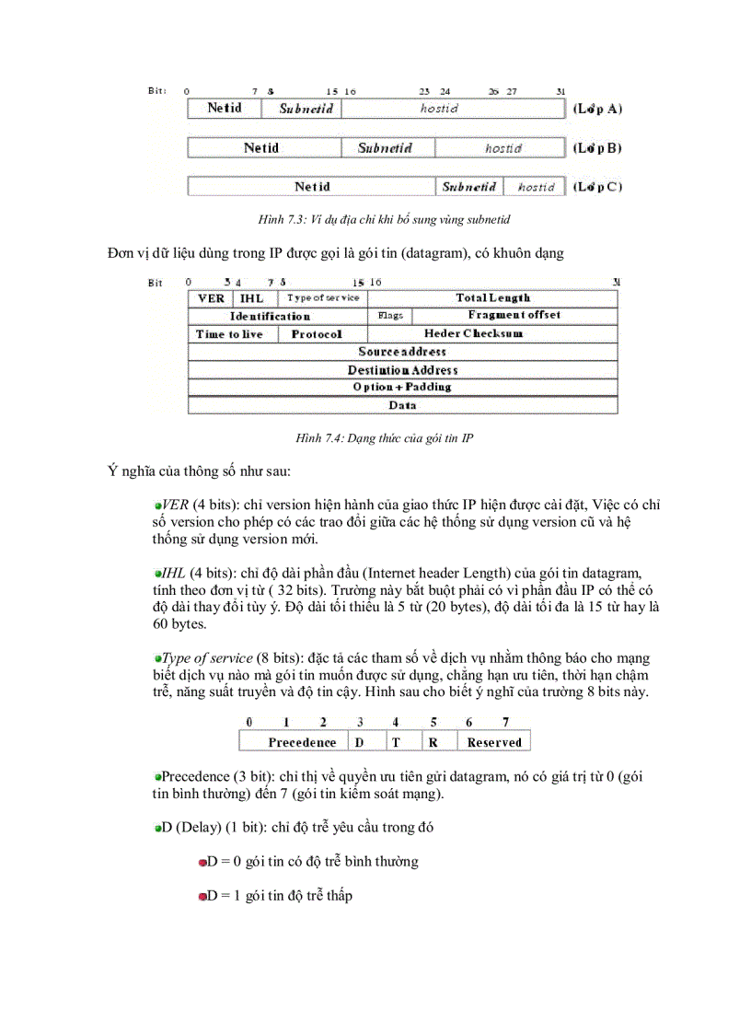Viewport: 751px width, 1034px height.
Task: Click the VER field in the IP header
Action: [211, 298]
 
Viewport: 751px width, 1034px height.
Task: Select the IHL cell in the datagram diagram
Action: [252, 298]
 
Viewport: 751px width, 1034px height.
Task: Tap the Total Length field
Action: [492, 298]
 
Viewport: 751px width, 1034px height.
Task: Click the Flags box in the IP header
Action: [390, 316]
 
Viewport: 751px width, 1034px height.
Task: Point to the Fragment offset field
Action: [514, 316]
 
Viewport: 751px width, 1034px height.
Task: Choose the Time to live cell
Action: [229, 334]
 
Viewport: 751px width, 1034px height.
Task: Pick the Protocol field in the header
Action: [317, 334]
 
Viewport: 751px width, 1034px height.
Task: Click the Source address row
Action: [402, 352]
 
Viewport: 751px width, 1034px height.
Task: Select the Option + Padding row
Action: [402, 388]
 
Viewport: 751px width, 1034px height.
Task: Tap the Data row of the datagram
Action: [402, 405]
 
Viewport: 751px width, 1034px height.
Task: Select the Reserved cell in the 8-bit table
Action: [494, 742]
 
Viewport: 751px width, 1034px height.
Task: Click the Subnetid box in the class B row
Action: [385, 148]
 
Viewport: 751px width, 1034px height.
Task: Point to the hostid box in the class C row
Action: [536, 187]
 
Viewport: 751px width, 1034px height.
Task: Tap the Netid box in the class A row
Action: [225, 109]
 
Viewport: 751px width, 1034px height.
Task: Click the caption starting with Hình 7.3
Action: [384, 219]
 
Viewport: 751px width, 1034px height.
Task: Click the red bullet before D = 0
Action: [202, 863]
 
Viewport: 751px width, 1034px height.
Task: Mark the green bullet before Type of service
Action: [157, 657]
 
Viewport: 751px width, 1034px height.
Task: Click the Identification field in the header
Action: [270, 316]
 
